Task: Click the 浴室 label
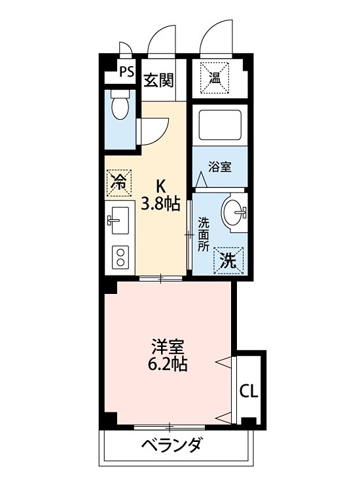[x=220, y=167]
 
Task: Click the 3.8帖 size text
[x=159, y=204]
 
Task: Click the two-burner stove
[x=120, y=255]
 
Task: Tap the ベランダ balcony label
[x=171, y=446]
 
